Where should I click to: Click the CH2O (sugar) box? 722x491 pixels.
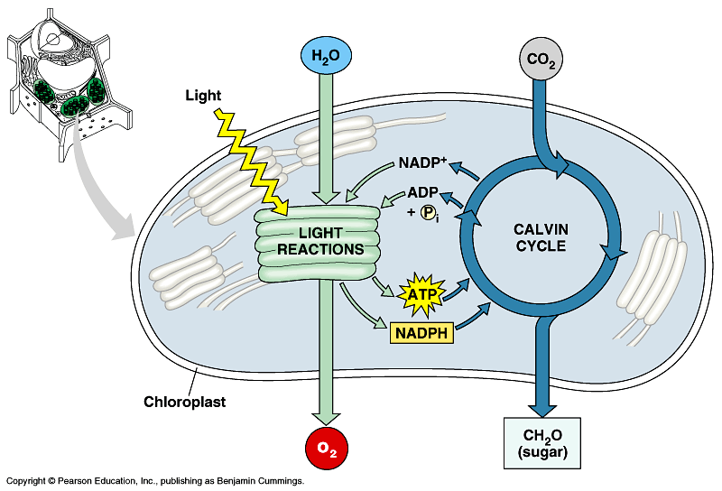coord(541,442)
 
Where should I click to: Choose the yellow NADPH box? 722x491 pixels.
coord(421,333)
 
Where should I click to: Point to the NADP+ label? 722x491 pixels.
coord(421,164)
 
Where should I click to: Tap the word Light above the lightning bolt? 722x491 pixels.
coord(203,94)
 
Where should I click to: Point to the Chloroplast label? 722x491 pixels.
coord(185,402)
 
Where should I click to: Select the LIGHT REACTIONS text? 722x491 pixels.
coord(310,241)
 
